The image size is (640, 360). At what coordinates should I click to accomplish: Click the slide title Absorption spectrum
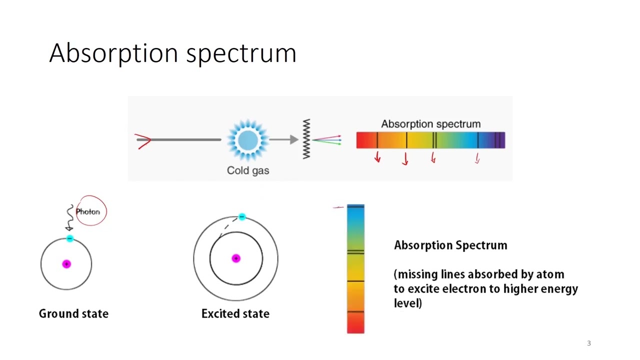[x=172, y=53]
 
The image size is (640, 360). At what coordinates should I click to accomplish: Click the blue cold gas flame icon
[x=248, y=140]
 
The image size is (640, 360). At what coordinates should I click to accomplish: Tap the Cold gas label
[x=248, y=170]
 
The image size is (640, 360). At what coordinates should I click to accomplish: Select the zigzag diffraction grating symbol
[x=306, y=139]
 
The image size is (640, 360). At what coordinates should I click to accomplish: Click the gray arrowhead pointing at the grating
[x=294, y=140]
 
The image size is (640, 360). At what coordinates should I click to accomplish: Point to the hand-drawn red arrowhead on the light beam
[x=143, y=141]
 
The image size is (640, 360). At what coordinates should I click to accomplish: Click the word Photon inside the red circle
[x=88, y=211]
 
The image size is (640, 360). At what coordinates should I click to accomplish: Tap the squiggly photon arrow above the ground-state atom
[x=70, y=218]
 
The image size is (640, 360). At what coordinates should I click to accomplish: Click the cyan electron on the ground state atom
[x=69, y=239]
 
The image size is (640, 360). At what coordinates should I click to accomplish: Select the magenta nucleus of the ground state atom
[x=66, y=264]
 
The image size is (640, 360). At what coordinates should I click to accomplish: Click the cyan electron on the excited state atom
[x=242, y=217]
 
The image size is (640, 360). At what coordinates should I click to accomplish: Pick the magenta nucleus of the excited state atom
[x=236, y=258]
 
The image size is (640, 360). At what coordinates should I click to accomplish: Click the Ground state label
[x=73, y=314]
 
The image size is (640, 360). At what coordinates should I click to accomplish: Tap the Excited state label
[x=235, y=314]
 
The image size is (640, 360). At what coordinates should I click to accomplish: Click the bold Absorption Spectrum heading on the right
[x=450, y=245]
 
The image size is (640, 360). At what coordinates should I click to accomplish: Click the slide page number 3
[x=589, y=343]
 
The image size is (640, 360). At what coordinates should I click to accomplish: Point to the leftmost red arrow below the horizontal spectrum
[x=377, y=158]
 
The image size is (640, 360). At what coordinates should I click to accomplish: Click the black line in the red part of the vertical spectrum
[x=355, y=312]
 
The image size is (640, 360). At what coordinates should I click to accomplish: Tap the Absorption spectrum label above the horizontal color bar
[x=430, y=124]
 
